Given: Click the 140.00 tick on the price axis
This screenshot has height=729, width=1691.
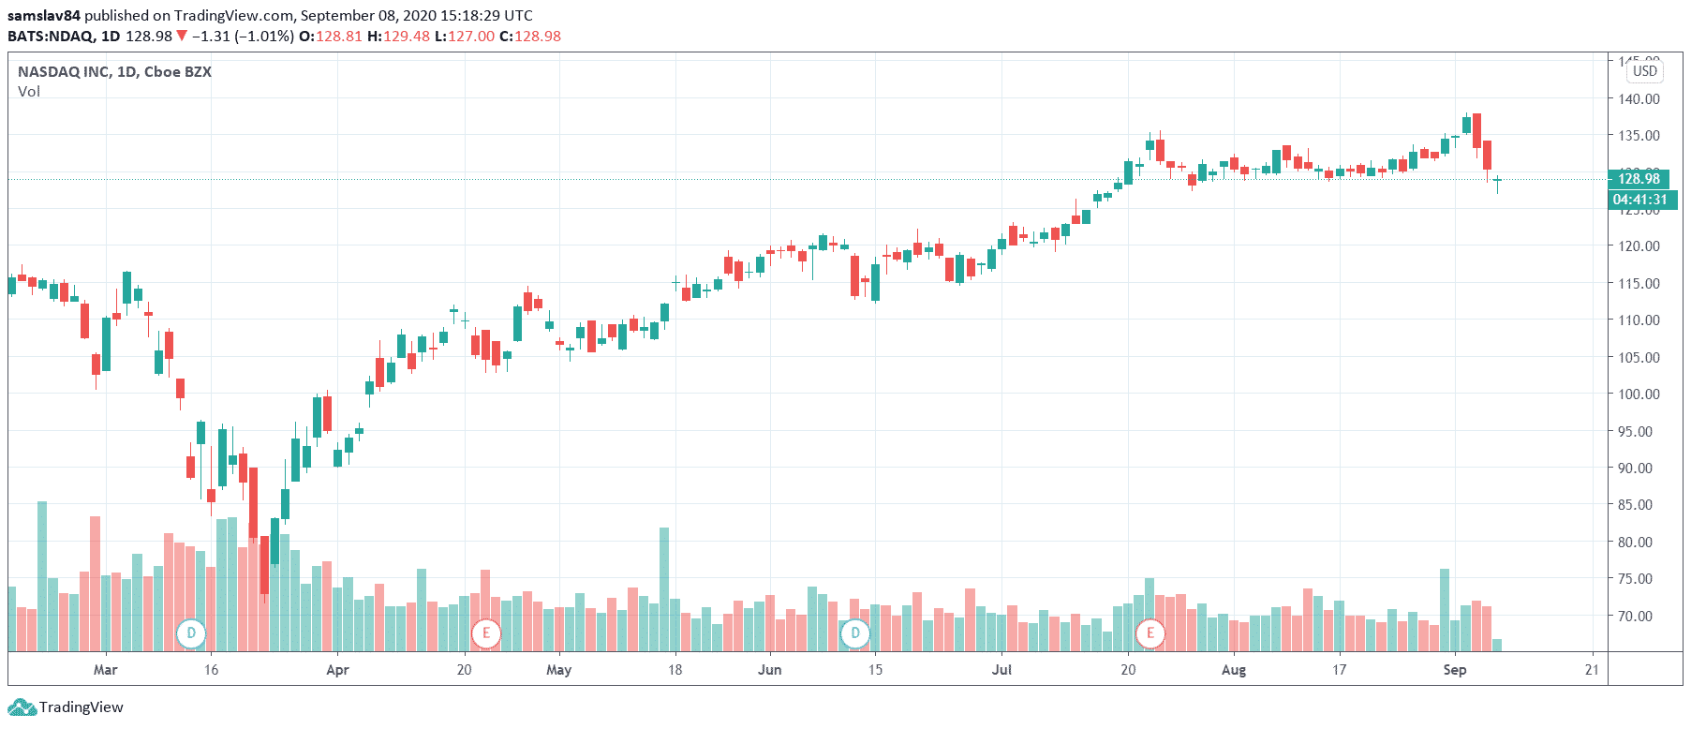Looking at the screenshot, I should pyautogui.click(x=1639, y=98).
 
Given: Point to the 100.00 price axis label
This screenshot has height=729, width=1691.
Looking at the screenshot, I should pyautogui.click(x=1639, y=394).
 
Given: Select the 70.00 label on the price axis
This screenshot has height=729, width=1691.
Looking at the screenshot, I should pyautogui.click(x=1639, y=616).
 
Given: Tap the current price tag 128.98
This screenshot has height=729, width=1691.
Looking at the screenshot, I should pyautogui.click(x=1639, y=178).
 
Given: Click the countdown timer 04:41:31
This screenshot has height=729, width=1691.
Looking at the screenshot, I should pyautogui.click(x=1639, y=200).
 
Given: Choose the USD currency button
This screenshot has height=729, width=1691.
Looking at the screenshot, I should pyautogui.click(x=1644, y=71).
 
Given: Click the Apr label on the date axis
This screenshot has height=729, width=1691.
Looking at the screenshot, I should pyautogui.click(x=337, y=669).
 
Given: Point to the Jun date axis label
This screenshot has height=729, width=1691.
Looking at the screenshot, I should pyautogui.click(x=769, y=669).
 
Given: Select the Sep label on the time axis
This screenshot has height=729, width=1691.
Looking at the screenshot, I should pyautogui.click(x=1454, y=669).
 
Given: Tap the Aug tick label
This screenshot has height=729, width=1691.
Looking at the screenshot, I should pyautogui.click(x=1234, y=669).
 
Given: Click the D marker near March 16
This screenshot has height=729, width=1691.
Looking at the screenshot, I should pyautogui.click(x=191, y=633).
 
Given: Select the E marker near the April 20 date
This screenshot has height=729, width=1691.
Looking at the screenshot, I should pyautogui.click(x=485, y=633).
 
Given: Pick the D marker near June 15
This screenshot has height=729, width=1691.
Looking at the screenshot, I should pyautogui.click(x=855, y=633).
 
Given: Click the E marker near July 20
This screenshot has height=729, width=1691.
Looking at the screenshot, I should pyautogui.click(x=1150, y=633).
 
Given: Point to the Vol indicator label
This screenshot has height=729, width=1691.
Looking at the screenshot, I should pyautogui.click(x=29, y=91).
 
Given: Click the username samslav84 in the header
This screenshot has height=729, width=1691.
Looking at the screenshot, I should pyautogui.click(x=43, y=15).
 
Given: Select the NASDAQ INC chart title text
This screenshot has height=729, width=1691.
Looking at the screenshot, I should pyautogui.click(x=114, y=71).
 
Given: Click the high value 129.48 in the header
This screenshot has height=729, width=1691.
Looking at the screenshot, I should pyautogui.click(x=407, y=36).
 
